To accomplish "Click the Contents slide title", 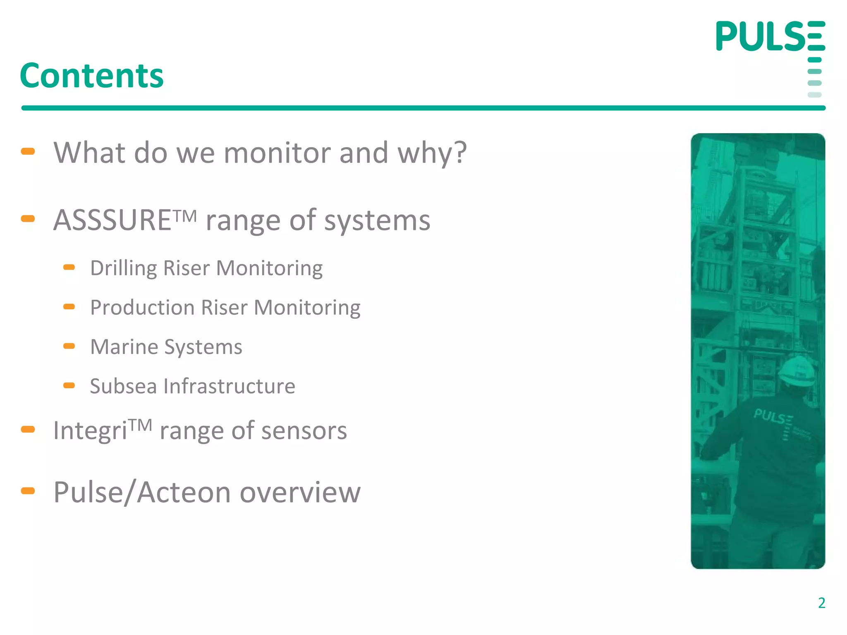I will point(92,76).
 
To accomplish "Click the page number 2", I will point(821,603).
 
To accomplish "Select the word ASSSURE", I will point(112,220).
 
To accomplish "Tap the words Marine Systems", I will point(166,347).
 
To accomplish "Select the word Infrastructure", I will point(230,386).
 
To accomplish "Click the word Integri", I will point(90,431).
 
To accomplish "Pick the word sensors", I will point(304,431).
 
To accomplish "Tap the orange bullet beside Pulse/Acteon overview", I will point(28,491).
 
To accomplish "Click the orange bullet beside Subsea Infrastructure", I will point(69,386).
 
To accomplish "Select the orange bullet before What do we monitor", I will point(28,151).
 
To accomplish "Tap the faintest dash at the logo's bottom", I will point(814,95).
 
